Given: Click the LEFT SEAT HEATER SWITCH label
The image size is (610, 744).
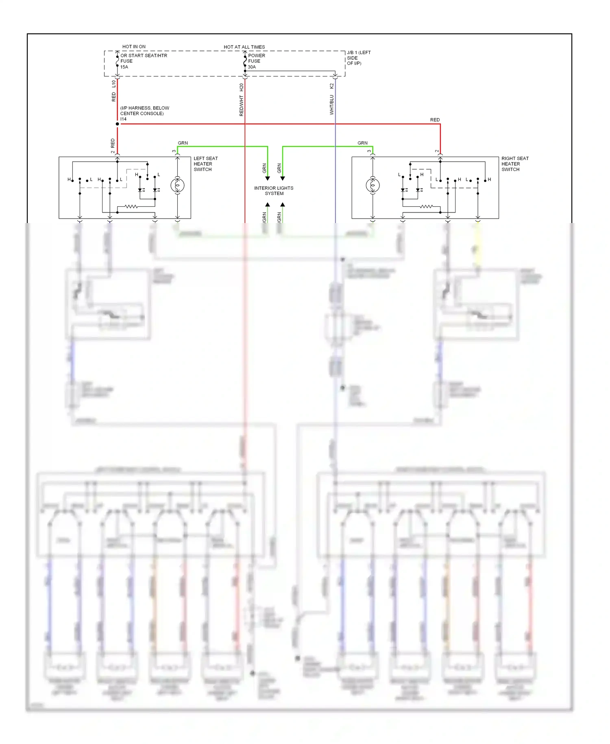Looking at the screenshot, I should pyautogui.click(x=205, y=164).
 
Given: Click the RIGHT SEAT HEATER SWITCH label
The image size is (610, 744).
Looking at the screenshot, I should pyautogui.click(x=514, y=164).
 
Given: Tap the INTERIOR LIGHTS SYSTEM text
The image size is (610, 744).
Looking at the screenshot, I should pyautogui.click(x=274, y=191).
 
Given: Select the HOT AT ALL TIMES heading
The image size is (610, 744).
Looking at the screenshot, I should pyautogui.click(x=244, y=47).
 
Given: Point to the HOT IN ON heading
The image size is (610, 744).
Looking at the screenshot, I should pyautogui.click(x=134, y=47).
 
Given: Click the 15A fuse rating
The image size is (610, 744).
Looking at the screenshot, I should pyautogui.click(x=124, y=67).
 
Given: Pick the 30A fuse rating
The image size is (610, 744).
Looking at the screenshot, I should pyautogui.click(x=252, y=67).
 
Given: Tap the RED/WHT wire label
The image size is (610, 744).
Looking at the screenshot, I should pyautogui.click(x=242, y=106).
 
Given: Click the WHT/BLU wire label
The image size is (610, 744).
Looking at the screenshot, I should pyautogui.click(x=332, y=105).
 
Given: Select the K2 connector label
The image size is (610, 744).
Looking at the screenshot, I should pyautogui.click(x=332, y=86).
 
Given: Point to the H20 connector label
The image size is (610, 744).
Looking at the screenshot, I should pyautogui.click(x=242, y=87).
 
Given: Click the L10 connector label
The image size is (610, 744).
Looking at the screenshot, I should pyautogui.click(x=114, y=84).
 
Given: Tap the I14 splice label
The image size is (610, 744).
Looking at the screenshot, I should pyautogui.click(x=123, y=119).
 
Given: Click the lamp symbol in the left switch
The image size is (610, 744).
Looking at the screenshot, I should pyautogui.click(x=177, y=186).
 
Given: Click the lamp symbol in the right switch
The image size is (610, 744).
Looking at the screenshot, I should pyautogui.click(x=373, y=186).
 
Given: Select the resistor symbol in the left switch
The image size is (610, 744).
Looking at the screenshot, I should pyautogui.click(x=131, y=207).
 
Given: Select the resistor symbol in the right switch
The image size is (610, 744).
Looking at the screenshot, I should pyautogui.click(x=426, y=207).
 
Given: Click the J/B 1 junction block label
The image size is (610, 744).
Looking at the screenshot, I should pyautogui.click(x=358, y=58).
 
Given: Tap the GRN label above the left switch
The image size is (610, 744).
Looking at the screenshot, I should pyautogui.click(x=183, y=143).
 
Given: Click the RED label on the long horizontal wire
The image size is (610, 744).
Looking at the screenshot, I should pyautogui.click(x=435, y=120).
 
